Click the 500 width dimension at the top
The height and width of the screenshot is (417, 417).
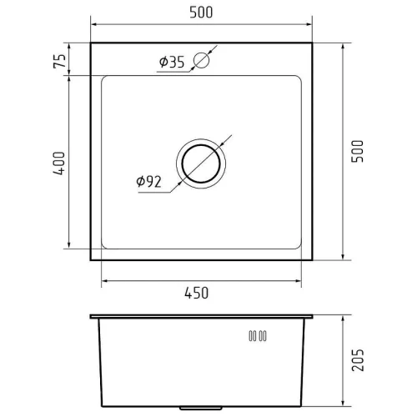(201, 13)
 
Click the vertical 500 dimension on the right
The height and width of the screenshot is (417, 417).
(358, 151)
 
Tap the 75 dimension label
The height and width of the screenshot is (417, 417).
(60, 61)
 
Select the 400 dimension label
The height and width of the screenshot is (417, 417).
(59, 163)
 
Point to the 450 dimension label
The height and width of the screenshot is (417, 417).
(197, 293)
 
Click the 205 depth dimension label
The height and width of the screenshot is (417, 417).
(358, 359)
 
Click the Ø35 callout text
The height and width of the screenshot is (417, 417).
(172, 62)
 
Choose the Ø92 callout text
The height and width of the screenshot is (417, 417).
(148, 182)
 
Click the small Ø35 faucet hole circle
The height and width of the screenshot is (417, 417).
(201, 60)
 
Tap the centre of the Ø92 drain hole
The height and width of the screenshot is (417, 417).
(201, 163)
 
